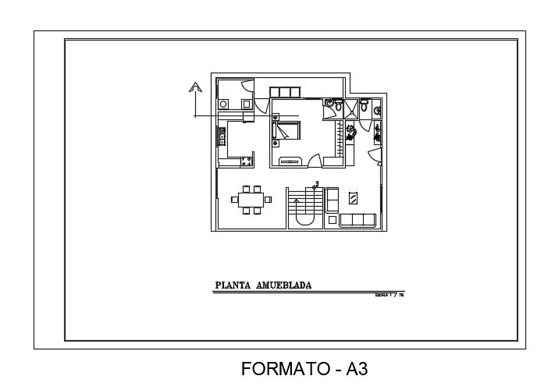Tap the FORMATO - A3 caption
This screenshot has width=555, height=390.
304,368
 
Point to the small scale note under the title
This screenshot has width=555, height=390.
391,296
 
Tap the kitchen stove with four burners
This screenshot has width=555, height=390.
247,161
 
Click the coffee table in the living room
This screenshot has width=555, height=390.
354,197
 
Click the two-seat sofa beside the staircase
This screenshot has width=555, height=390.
331,199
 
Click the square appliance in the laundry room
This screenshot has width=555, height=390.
246,103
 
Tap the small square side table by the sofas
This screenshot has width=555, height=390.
332,221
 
